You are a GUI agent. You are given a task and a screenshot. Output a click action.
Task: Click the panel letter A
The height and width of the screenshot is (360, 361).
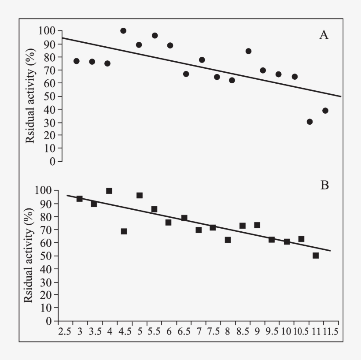tap(324, 36)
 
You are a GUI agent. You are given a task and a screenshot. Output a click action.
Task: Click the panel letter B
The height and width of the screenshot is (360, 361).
tap(324, 186)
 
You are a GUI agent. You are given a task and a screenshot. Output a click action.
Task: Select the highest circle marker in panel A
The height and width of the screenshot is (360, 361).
tap(123, 31)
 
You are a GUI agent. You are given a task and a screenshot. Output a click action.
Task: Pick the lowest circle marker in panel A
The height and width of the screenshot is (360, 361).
tap(309, 122)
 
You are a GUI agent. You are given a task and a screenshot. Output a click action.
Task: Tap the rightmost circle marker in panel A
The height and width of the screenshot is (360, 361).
tap(325, 111)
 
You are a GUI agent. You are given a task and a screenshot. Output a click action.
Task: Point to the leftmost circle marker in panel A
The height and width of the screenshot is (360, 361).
tap(76, 61)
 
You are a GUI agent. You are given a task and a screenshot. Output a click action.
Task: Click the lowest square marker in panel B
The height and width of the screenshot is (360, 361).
tap(316, 256)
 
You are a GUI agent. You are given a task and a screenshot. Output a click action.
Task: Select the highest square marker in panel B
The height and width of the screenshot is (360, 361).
tap(109, 191)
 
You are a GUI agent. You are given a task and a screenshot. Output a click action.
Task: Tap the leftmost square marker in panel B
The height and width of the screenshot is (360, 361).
tap(80, 199)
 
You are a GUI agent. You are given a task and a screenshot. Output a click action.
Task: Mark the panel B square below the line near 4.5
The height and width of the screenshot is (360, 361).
tap(124, 231)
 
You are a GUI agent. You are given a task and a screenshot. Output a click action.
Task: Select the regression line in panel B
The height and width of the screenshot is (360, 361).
tap(198, 223)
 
